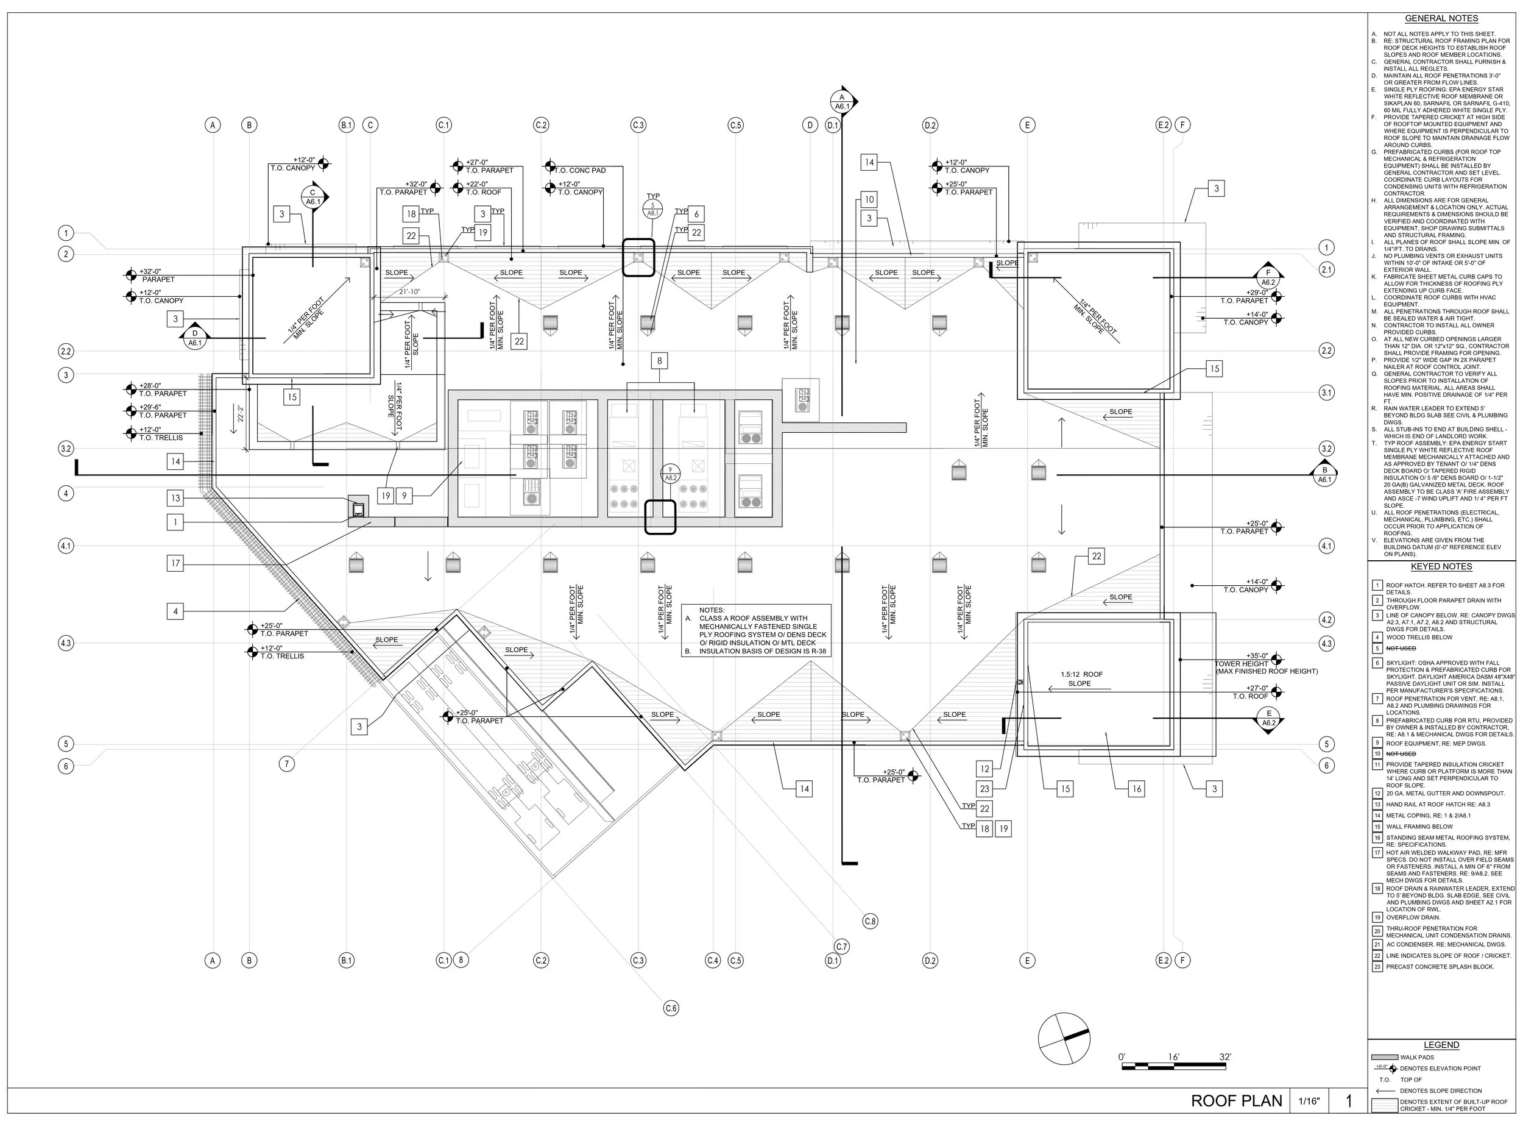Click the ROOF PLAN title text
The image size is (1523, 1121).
(1236, 1101)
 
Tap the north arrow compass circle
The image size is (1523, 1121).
(1064, 1039)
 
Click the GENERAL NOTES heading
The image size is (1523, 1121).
(1441, 18)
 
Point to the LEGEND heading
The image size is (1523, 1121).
(1441, 1045)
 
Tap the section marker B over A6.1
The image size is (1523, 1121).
(1324, 474)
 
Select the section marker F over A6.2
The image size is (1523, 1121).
(1268, 277)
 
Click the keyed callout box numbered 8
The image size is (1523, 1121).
(659, 360)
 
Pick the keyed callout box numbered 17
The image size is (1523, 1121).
(175, 563)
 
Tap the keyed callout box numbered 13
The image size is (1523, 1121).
(175, 498)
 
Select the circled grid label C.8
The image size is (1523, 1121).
(870, 921)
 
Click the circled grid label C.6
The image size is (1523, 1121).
(671, 1008)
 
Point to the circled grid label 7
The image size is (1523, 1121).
(287, 764)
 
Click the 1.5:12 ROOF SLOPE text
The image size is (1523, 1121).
(1081, 678)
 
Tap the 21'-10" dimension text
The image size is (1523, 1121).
(409, 292)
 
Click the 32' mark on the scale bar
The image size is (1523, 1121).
(1224, 1056)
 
